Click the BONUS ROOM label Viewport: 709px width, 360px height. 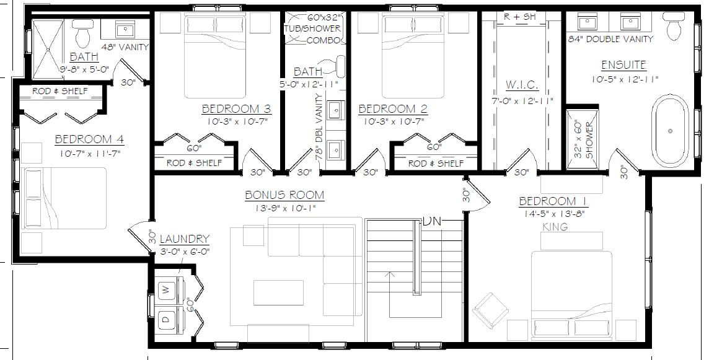click(x=285, y=195)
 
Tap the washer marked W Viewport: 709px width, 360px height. click(x=166, y=290)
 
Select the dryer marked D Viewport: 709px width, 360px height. click(x=166, y=319)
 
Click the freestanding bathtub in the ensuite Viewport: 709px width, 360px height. click(x=671, y=131)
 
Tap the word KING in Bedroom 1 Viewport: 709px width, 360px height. click(x=555, y=227)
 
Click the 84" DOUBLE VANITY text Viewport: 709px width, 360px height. click(x=610, y=40)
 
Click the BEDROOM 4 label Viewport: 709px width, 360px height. click(x=89, y=139)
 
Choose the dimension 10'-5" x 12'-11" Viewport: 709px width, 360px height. click(x=625, y=79)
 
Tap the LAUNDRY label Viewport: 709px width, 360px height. click(x=185, y=239)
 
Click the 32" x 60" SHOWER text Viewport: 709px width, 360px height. click(x=584, y=139)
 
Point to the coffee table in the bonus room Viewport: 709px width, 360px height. click(x=278, y=292)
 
